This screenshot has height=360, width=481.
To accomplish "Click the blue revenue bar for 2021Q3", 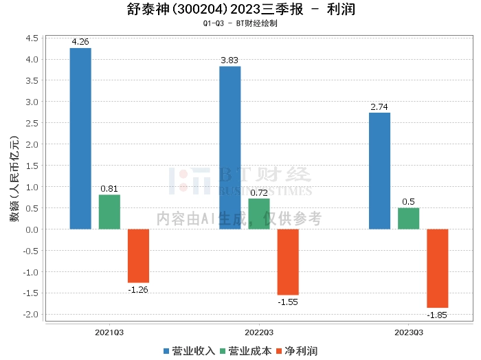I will [x=80, y=138].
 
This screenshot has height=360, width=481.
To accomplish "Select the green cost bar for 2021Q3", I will [x=109, y=212].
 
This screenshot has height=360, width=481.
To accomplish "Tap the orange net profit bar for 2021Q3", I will [x=138, y=256].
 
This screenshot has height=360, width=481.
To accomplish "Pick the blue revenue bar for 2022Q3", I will [x=230, y=148].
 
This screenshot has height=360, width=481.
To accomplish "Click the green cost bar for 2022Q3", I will [x=258, y=214].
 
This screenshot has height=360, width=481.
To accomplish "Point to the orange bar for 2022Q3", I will [x=288, y=262].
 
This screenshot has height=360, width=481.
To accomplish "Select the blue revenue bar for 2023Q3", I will [x=379, y=170].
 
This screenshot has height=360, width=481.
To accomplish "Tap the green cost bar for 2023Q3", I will [x=408, y=218].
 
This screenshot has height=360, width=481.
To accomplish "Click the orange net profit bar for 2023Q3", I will [x=437, y=268].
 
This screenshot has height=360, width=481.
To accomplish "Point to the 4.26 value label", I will [x=80, y=42].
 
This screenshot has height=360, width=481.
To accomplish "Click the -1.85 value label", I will [x=437, y=315].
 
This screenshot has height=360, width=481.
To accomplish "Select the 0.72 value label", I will [x=258, y=193].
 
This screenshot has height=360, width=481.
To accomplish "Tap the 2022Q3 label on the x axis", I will [x=258, y=333].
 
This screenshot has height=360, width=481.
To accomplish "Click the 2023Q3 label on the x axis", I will [x=408, y=333].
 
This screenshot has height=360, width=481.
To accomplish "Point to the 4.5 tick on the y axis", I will [x=31, y=38].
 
